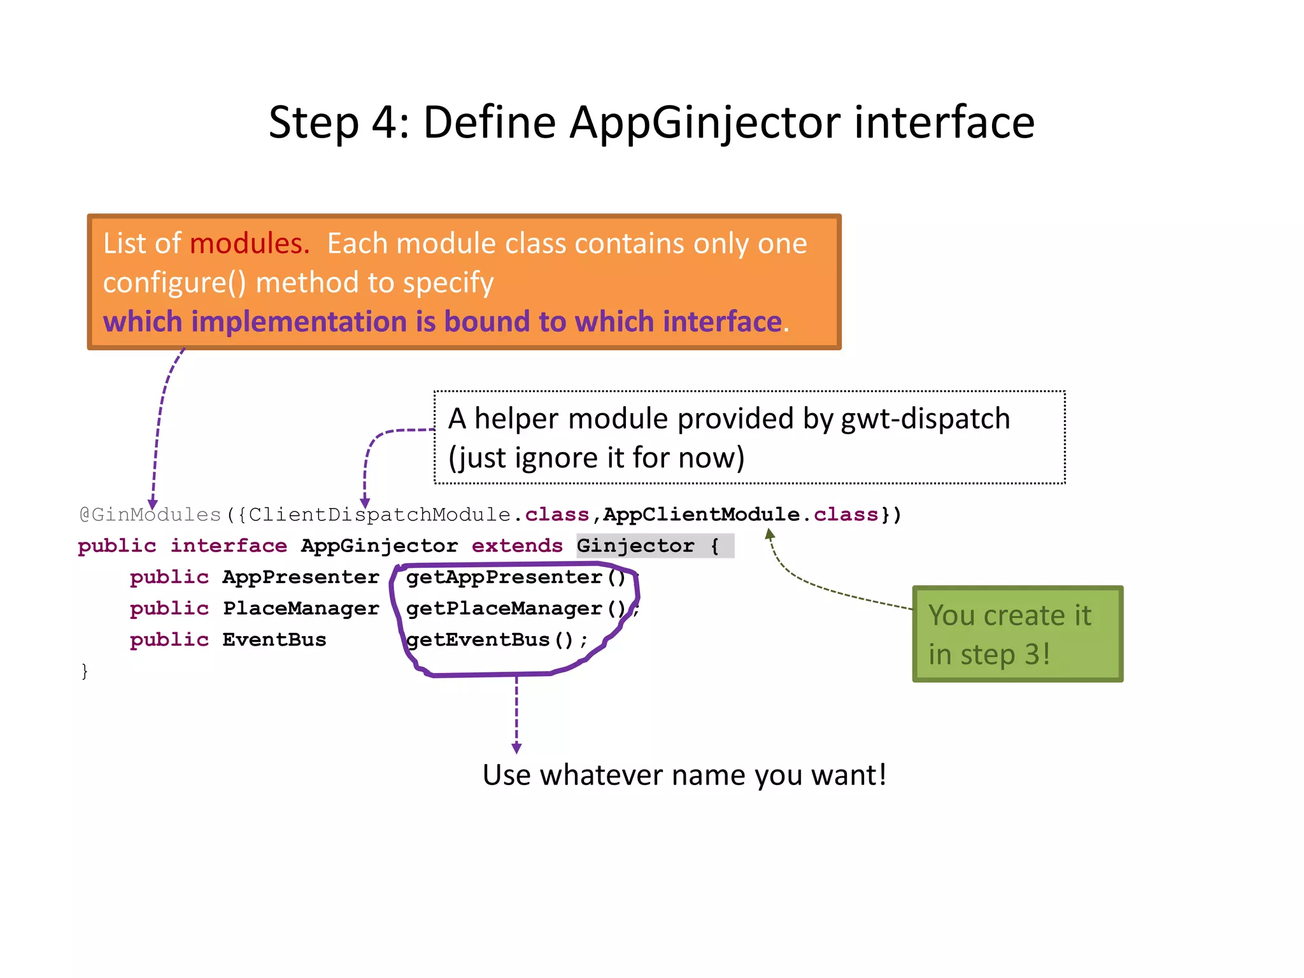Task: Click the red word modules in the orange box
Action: click(x=249, y=244)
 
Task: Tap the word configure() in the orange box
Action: click(x=174, y=283)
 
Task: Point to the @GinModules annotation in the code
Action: click(x=150, y=514)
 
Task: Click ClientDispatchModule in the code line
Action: click(x=379, y=514)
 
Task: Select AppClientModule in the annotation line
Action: click(x=701, y=514)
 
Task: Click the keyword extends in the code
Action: click(x=517, y=546)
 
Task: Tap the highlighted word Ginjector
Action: click(x=635, y=546)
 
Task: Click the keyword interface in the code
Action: click(x=229, y=546)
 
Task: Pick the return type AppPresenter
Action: click(x=301, y=577)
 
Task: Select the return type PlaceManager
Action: click(x=301, y=608)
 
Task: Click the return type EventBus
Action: click(x=274, y=639)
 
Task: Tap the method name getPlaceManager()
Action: click(x=516, y=608)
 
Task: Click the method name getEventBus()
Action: click(x=490, y=639)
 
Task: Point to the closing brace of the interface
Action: click(x=85, y=670)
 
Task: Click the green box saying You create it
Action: click(x=1017, y=634)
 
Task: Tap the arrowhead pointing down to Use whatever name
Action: click(x=516, y=748)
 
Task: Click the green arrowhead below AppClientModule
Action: click(x=770, y=535)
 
